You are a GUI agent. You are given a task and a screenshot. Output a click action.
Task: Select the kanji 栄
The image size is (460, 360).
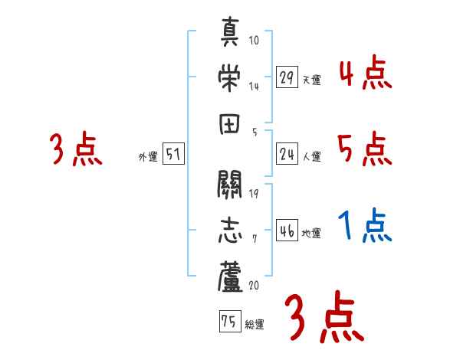tap(230, 77)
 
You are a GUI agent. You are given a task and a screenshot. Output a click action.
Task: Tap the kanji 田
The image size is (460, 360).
tap(230, 125)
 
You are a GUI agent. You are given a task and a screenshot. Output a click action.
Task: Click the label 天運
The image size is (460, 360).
tap(311, 80)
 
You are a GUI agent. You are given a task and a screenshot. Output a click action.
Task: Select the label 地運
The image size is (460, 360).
tap(311, 233)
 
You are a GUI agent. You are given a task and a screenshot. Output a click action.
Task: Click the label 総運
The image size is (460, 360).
tap(255, 325)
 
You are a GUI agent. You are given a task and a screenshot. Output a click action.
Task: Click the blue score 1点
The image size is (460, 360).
tap(363, 226)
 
